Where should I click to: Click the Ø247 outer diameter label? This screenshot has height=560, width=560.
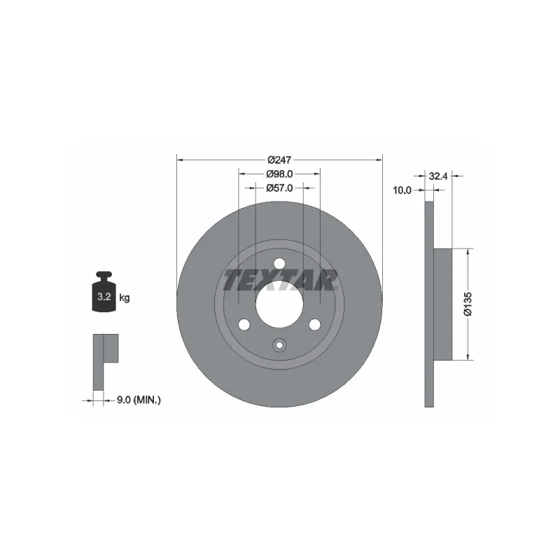pyautogui.click(x=279, y=160)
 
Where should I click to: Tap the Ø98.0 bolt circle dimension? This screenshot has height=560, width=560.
pyautogui.click(x=279, y=174)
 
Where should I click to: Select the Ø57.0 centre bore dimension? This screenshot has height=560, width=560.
pyautogui.click(x=279, y=188)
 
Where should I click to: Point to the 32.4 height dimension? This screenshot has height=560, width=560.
pyautogui.click(x=438, y=176)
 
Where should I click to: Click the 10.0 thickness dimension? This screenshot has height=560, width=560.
pyautogui.click(x=402, y=190)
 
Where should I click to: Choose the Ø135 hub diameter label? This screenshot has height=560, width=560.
pyautogui.click(x=468, y=304)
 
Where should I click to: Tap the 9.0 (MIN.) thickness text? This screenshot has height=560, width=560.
pyautogui.click(x=139, y=400)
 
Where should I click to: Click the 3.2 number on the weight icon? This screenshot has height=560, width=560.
pyautogui.click(x=104, y=296)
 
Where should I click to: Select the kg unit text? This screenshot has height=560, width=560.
pyautogui.click(x=125, y=297)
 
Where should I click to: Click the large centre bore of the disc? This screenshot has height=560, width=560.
pyautogui.click(x=279, y=304)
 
